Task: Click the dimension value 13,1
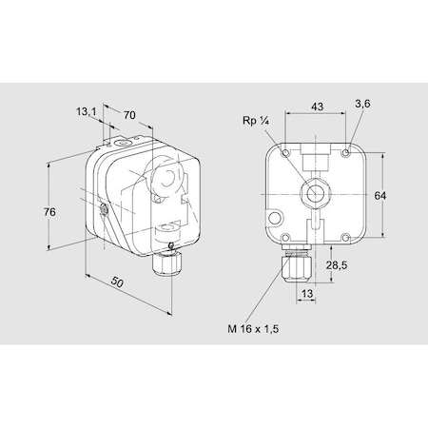pyautogui.click(x=85, y=110)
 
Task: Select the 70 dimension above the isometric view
pyautogui.click(x=129, y=115)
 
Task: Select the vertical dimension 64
pyautogui.click(x=379, y=195)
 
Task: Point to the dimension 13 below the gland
pyautogui.click(x=307, y=295)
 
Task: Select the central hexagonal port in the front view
pyautogui.click(x=312, y=193)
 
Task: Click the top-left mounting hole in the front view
pyautogui.click(x=285, y=150)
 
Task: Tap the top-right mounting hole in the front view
pyautogui.click(x=349, y=150)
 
